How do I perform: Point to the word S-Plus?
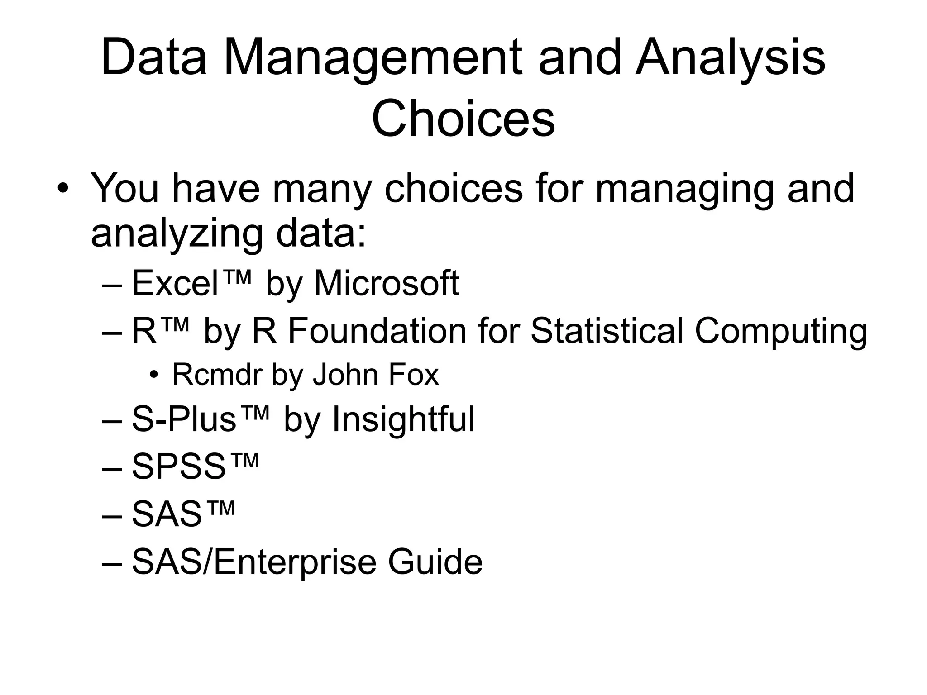tap(184, 419)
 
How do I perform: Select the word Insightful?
tap(403, 419)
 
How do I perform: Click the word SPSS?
tap(178, 467)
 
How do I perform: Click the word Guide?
tap(435, 562)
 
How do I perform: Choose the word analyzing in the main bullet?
tap(177, 234)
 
